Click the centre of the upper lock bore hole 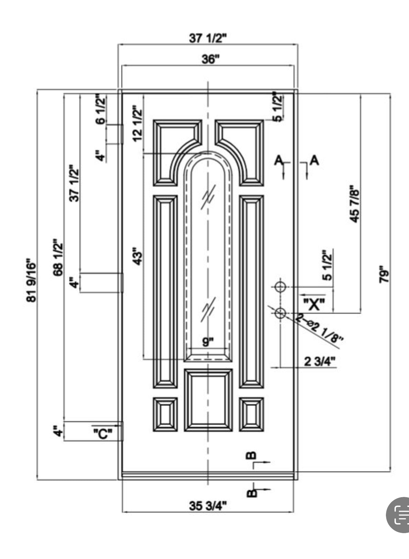[x=280, y=287]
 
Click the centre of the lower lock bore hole [x=280, y=313]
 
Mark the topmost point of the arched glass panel [x=208, y=151]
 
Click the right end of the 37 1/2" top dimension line [x=298, y=45]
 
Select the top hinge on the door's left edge [x=122, y=134]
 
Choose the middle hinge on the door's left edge [x=122, y=283]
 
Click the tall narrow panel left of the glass [x=165, y=292]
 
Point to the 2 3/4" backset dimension [x=320, y=361]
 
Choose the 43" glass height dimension [x=137, y=256]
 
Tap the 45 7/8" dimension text [x=355, y=204]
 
